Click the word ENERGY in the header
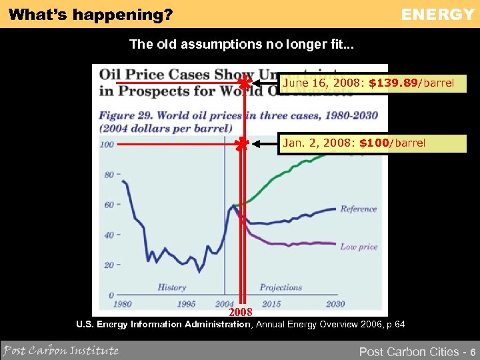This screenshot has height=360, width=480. click(437, 14)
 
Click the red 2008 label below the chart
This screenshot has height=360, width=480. click(241, 312)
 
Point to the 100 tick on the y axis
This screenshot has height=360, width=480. click(107, 144)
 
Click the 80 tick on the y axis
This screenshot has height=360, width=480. click(109, 175)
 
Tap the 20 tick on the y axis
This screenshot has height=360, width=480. click(109, 265)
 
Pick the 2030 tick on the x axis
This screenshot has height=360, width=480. click(335, 304)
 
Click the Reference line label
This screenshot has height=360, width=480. click(359, 209)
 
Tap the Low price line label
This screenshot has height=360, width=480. click(359, 247)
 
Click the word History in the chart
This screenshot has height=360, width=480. click(172, 287)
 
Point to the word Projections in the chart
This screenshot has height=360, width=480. click(281, 287)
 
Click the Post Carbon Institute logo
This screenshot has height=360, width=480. click(61, 350)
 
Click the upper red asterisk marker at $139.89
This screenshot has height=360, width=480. click(245, 83)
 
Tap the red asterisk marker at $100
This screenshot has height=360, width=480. click(241, 143)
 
